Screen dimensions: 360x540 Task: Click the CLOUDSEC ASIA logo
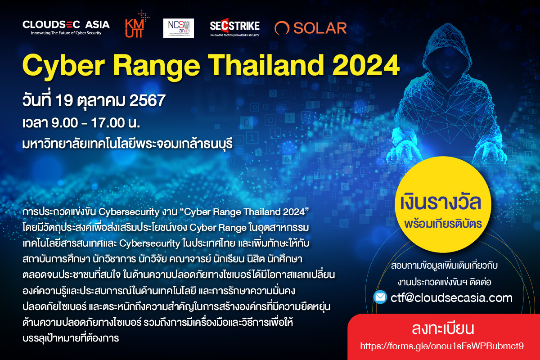(66, 27)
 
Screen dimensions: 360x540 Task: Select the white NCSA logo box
(178, 28)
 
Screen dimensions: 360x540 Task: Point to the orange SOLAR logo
(310, 28)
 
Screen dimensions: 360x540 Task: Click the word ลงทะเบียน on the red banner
(443, 329)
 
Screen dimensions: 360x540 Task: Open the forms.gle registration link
(443, 346)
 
